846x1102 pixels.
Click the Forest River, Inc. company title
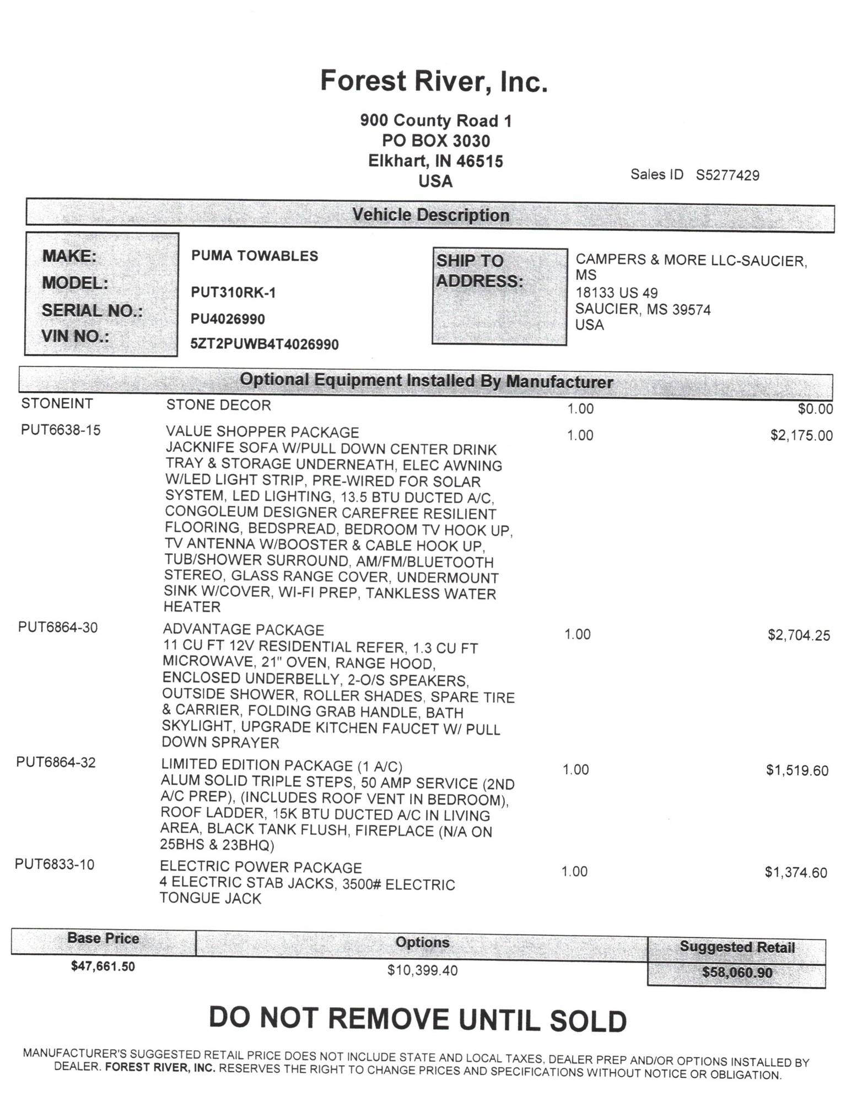[x=434, y=81]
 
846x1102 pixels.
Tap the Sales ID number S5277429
[x=727, y=175]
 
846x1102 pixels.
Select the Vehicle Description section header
[x=430, y=215]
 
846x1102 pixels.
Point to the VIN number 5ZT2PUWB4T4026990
[x=265, y=345]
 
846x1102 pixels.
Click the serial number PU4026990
[x=228, y=319]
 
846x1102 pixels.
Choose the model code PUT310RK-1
[x=233, y=293]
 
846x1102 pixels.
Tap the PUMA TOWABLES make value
[x=255, y=256]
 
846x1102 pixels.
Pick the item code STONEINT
[x=57, y=404]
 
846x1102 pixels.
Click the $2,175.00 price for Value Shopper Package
[x=801, y=436]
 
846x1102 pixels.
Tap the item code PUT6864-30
[x=58, y=628]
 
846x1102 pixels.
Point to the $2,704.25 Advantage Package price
[x=799, y=635]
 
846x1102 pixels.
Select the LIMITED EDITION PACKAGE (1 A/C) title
[x=282, y=766]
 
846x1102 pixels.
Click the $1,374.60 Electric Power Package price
[x=796, y=873]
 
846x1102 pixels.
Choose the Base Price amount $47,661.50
[x=103, y=966]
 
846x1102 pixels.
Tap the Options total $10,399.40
[x=422, y=970]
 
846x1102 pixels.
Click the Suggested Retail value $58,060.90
[x=737, y=973]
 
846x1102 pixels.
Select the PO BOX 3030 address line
[x=435, y=141]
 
